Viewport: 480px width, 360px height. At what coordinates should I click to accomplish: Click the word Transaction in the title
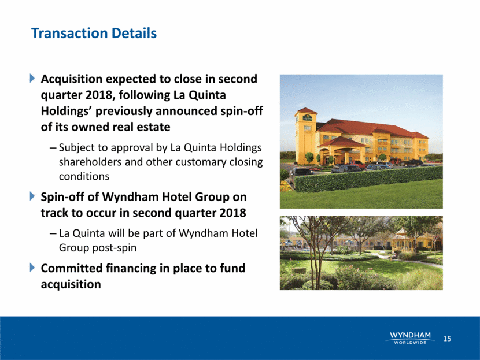(x=69, y=33)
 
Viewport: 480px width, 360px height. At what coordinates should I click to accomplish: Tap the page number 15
(x=447, y=338)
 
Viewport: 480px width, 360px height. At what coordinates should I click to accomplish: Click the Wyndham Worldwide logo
(x=410, y=337)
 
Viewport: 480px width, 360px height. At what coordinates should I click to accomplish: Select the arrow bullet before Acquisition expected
(x=32, y=79)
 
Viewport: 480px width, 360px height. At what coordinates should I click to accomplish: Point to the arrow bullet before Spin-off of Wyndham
(x=32, y=196)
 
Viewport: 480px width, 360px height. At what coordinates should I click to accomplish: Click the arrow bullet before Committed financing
(x=32, y=268)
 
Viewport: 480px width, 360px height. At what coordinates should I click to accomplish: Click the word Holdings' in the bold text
(x=66, y=111)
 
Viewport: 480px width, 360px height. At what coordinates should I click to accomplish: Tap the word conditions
(x=84, y=176)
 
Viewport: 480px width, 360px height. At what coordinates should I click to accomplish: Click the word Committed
(x=72, y=268)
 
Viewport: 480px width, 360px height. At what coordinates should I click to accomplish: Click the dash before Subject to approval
(x=53, y=149)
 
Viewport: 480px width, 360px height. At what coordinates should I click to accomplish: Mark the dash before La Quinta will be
(x=53, y=234)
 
